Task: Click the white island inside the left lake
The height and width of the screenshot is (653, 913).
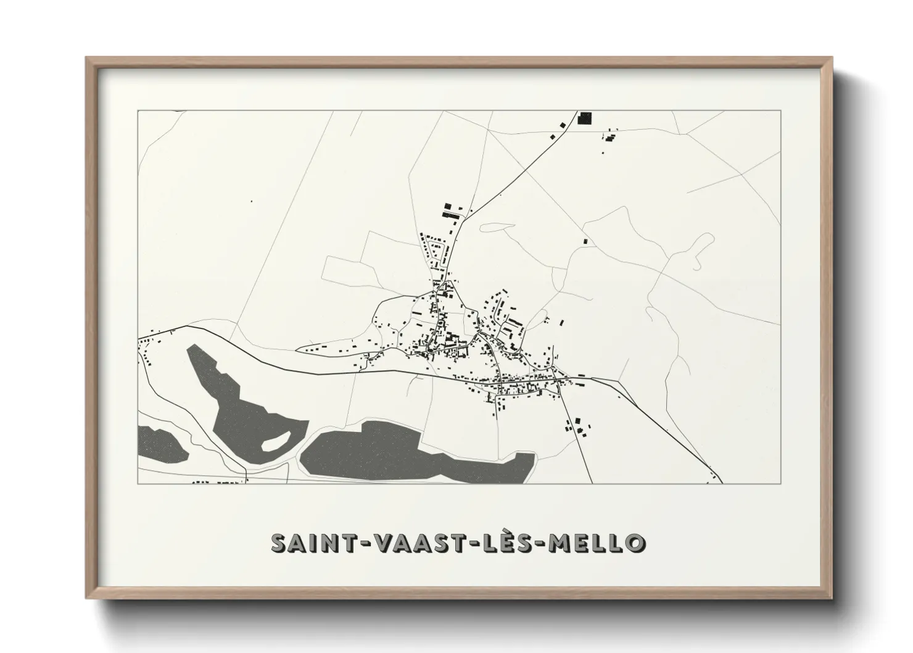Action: pos(275,440)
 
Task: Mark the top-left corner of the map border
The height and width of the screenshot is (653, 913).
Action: pos(138,110)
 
